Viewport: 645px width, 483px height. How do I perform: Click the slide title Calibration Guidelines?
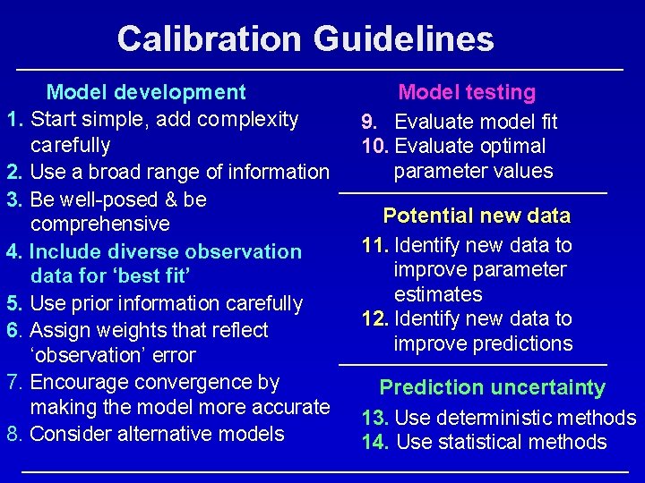coord(305,38)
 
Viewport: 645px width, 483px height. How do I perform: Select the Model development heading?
coord(146,92)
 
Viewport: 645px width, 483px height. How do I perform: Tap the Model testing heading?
coord(467,92)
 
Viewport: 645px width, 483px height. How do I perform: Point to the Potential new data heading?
coord(476,216)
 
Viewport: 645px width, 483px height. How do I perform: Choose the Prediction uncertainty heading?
coord(492,387)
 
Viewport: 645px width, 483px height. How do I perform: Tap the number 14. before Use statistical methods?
coord(375,442)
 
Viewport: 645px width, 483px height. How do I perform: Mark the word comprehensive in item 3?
coord(99,224)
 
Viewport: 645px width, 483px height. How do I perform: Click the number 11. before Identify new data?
coord(374,245)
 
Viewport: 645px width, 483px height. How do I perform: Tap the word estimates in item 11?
coord(438,294)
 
